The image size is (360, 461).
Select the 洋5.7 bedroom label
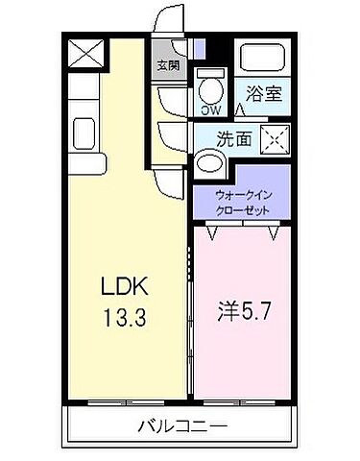pos(247,312)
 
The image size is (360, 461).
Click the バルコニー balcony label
pos(180,425)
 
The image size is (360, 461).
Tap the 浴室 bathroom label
pos(263,95)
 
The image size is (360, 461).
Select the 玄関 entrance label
pos(168,66)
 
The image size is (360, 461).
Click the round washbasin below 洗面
pos(208,162)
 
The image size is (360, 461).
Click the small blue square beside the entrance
pos(198,49)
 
